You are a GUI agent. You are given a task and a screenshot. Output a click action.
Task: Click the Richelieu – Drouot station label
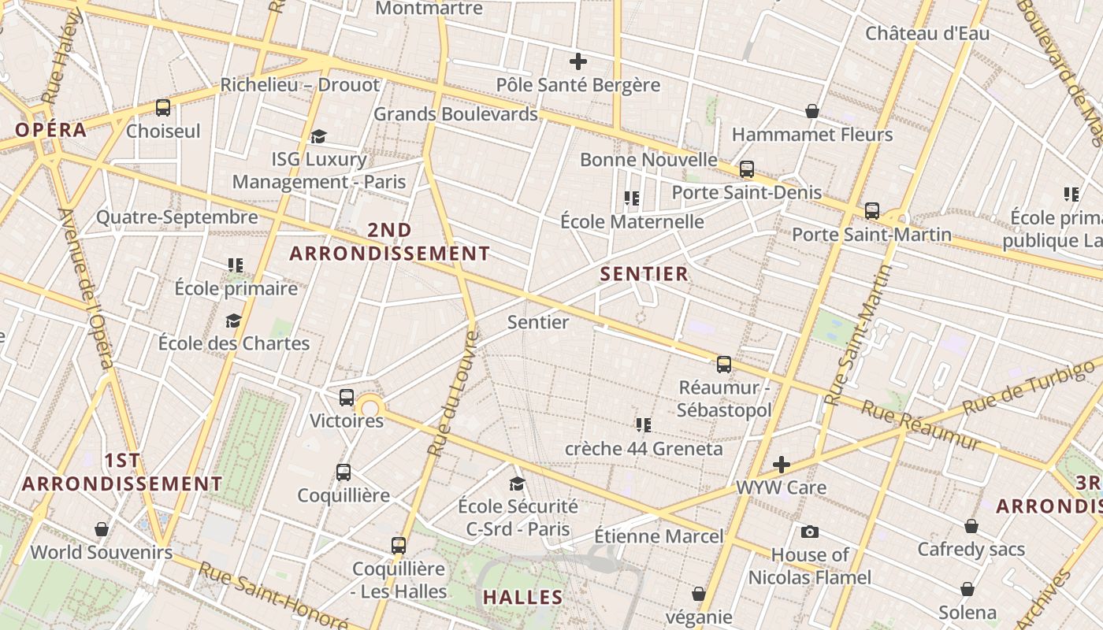coord(300,84)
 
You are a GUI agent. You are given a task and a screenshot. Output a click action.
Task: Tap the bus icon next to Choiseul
coord(163,108)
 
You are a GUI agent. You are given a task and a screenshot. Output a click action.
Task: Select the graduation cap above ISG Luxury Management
coord(318,136)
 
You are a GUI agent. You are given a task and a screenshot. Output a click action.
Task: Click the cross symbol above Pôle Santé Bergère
coord(578,61)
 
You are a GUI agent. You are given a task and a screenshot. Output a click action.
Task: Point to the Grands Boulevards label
coord(455,113)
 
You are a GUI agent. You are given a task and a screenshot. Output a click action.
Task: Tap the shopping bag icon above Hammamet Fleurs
coord(812,111)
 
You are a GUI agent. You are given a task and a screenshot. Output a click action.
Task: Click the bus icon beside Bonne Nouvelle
coord(746,169)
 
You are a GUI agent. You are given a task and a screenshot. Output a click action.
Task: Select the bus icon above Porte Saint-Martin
coord(871,211)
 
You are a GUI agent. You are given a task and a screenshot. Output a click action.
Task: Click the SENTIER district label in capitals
coord(644,274)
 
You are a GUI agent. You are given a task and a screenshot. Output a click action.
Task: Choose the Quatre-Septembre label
coord(177,217)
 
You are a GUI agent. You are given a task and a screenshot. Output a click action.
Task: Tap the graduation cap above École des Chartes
coord(233,321)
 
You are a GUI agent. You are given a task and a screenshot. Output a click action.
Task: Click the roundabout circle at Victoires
coord(370,407)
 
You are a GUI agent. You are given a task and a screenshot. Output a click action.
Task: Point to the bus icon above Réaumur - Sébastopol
coord(723,364)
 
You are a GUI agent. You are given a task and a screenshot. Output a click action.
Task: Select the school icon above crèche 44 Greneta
coord(643,425)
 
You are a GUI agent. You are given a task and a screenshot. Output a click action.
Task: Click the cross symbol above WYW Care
coord(781,465)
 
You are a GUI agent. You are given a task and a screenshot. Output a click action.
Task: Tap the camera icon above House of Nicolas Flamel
coord(809,532)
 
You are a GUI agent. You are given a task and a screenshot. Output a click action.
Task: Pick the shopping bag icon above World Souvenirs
coord(101,528)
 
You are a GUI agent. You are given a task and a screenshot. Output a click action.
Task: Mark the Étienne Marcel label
coord(659,536)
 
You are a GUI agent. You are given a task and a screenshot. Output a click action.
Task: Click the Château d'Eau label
coord(927,34)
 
